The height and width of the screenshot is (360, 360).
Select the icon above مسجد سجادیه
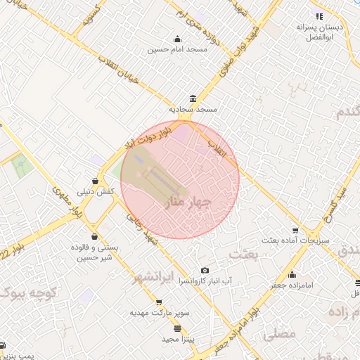[x=193, y=98]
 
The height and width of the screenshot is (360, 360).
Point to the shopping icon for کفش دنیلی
[x=95, y=181]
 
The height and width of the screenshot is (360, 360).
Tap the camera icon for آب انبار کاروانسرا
[x=205, y=271]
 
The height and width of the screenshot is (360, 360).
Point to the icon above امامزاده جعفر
[x=291, y=275]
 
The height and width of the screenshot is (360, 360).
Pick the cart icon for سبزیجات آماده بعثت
[x=295, y=230]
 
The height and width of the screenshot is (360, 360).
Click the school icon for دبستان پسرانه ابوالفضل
[x=319, y=16]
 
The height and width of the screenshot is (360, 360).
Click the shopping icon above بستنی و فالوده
[x=94, y=238]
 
